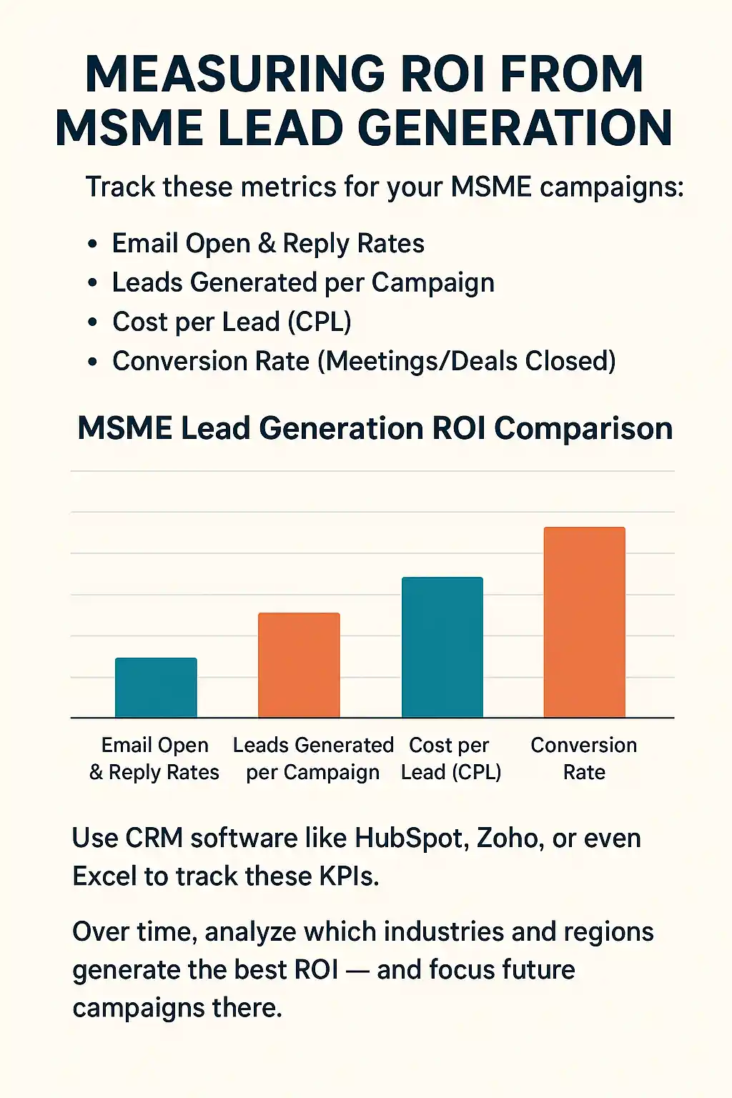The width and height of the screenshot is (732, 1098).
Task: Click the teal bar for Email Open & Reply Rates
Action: (156, 687)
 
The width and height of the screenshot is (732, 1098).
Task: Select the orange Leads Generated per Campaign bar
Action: (299, 665)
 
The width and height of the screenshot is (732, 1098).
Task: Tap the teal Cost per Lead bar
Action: (442, 647)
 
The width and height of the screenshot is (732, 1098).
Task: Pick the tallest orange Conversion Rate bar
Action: (585, 622)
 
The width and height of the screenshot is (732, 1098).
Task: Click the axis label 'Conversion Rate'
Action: (584, 758)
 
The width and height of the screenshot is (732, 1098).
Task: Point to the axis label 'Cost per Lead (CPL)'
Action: (450, 758)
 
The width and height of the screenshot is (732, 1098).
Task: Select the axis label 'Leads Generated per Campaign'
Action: (313, 758)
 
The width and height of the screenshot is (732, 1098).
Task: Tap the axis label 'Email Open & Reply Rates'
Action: (154, 758)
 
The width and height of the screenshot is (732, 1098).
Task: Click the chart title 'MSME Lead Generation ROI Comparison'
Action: (375, 428)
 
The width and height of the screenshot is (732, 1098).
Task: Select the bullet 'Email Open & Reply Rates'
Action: (268, 244)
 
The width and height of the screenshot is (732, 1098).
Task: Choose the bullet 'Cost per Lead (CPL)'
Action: (232, 322)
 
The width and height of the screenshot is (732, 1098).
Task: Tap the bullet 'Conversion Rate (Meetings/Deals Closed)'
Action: (364, 361)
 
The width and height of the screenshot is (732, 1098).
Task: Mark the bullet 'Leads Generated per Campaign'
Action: (303, 283)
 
